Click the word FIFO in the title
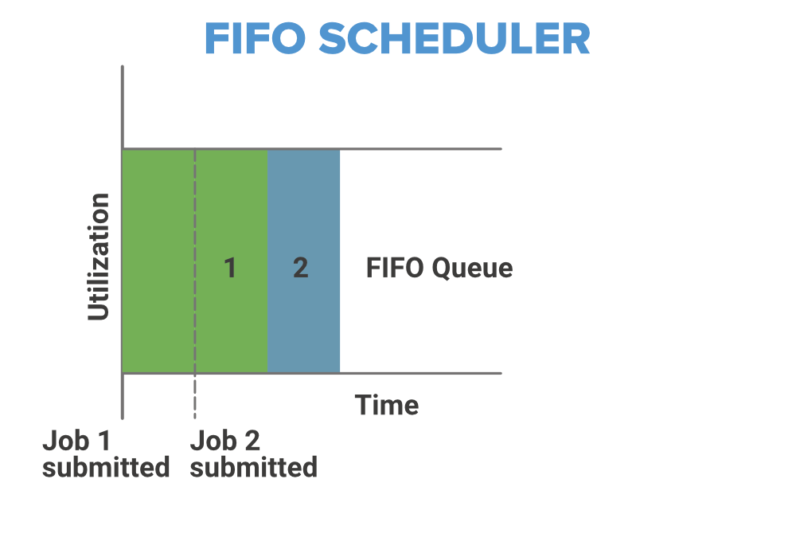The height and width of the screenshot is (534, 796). [256, 38]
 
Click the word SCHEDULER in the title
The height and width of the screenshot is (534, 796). [455, 38]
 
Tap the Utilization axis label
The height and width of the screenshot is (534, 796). [99, 257]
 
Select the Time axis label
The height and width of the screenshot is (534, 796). [387, 405]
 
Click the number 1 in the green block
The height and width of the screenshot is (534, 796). [230, 268]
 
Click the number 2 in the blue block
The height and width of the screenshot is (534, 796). [301, 268]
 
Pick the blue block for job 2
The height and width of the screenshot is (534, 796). [303, 261]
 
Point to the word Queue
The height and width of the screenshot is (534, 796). [472, 269]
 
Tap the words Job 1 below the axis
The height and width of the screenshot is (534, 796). [76, 441]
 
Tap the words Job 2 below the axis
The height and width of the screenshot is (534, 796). [225, 441]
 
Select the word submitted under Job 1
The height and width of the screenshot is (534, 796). [106, 467]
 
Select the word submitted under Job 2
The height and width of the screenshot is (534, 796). [253, 467]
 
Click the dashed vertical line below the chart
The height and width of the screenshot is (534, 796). [195, 396]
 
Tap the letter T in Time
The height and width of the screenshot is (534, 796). [364, 405]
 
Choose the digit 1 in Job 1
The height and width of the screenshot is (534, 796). [104, 441]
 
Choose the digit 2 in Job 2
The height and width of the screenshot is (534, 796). [252, 441]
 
